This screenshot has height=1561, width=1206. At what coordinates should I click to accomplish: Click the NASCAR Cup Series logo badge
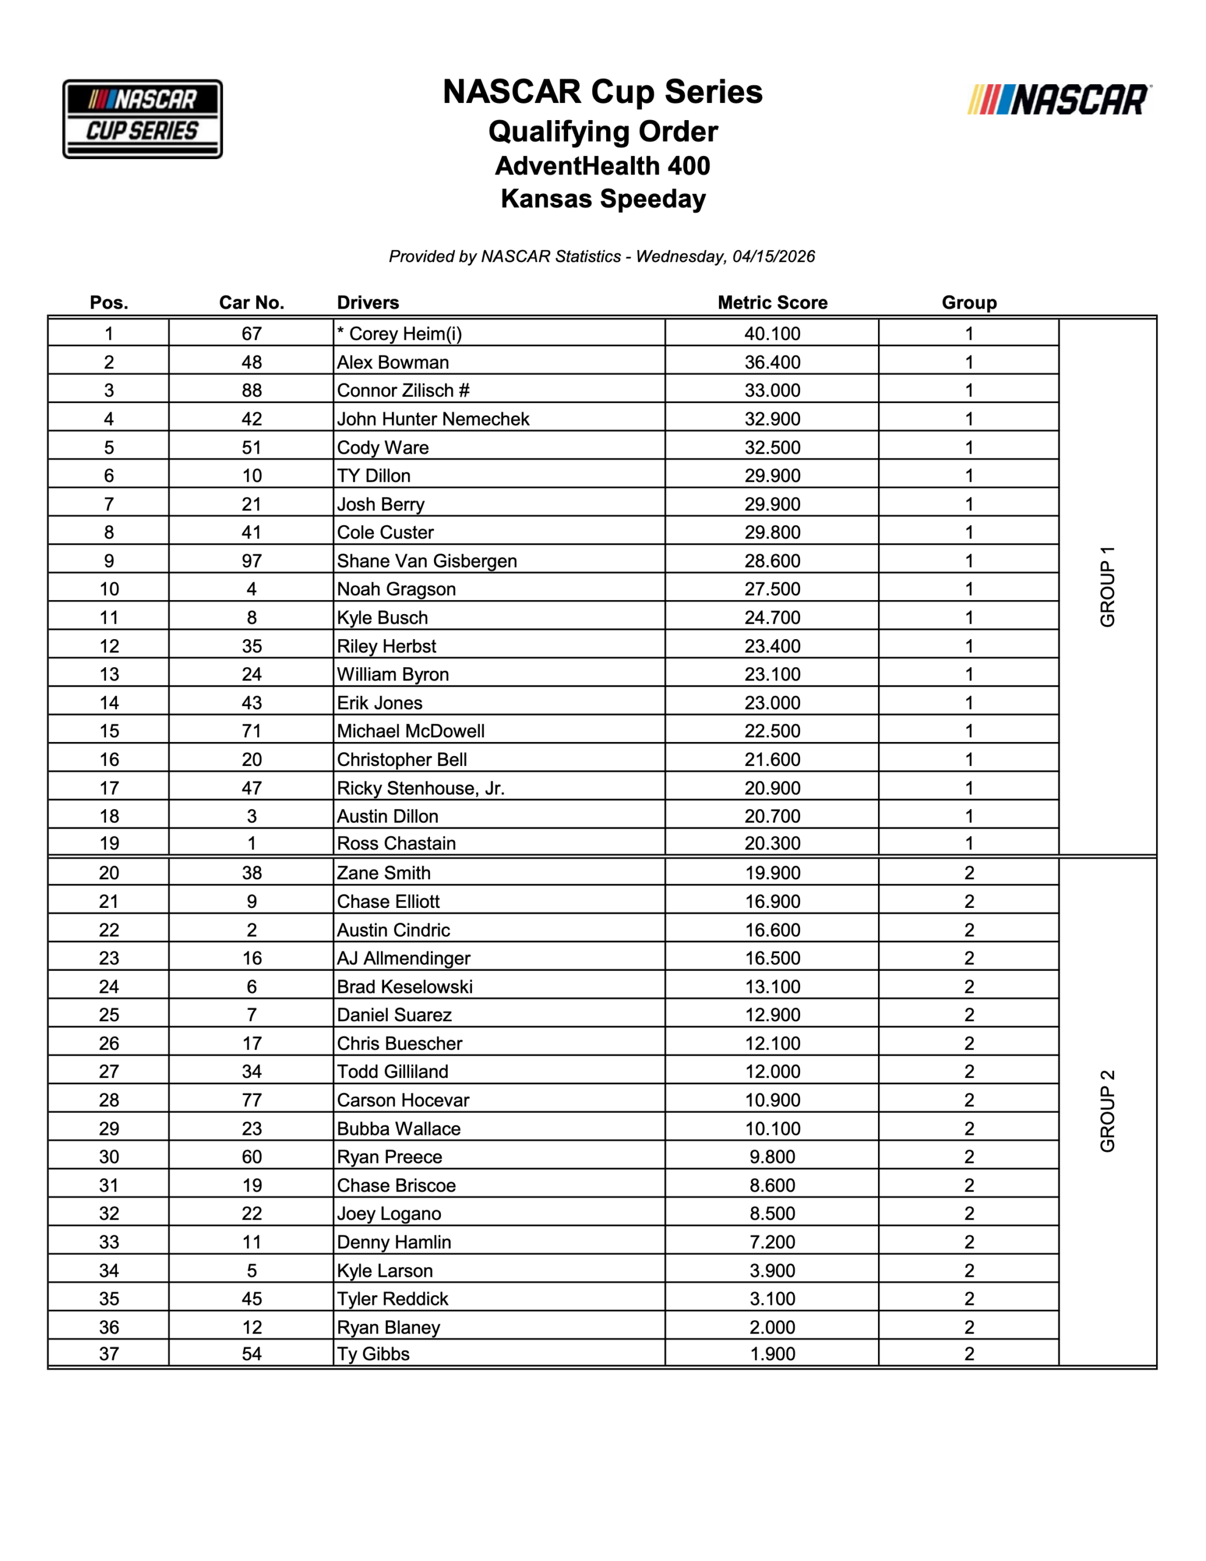[142, 119]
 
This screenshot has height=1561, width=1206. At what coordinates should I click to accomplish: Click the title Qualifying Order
[602, 132]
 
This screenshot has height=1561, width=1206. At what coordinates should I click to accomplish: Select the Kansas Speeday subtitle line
[602, 199]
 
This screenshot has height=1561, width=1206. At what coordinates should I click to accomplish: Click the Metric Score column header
[772, 302]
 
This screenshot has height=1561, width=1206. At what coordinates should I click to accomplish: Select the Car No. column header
[252, 302]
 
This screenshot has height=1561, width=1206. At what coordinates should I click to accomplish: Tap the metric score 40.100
[772, 334]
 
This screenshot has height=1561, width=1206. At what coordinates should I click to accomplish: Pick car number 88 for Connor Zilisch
[252, 390]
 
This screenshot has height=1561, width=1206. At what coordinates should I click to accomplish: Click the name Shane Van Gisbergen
[427, 561]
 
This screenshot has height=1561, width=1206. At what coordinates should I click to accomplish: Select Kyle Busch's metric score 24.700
[772, 618]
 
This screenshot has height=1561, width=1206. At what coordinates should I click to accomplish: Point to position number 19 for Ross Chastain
[109, 843]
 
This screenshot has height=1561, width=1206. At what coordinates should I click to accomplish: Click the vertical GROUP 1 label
[1107, 587]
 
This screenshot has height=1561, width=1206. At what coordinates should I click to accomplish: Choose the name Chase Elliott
[388, 901]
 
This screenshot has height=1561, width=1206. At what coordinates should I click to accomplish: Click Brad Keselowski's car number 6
[252, 987]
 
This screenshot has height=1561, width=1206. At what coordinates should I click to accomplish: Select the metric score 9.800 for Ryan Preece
[772, 1157]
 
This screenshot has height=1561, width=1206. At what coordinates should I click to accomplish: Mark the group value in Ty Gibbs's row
[969, 1354]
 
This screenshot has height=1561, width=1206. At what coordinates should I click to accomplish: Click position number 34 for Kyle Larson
[109, 1270]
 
